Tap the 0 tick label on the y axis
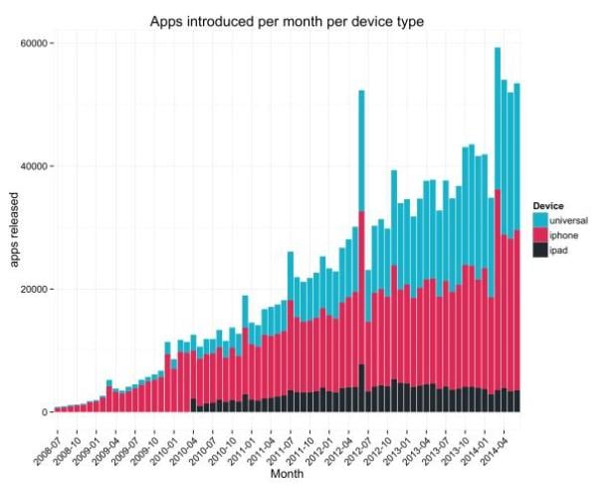45,411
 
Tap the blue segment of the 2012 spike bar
361,149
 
